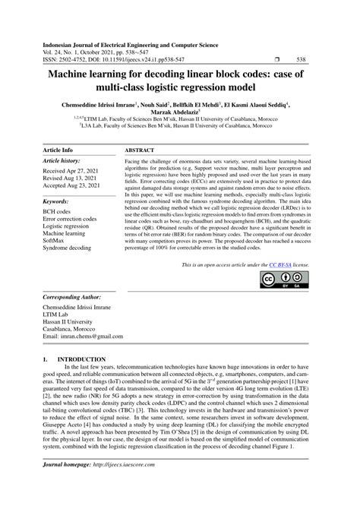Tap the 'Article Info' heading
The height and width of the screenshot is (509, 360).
(x=58, y=151)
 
